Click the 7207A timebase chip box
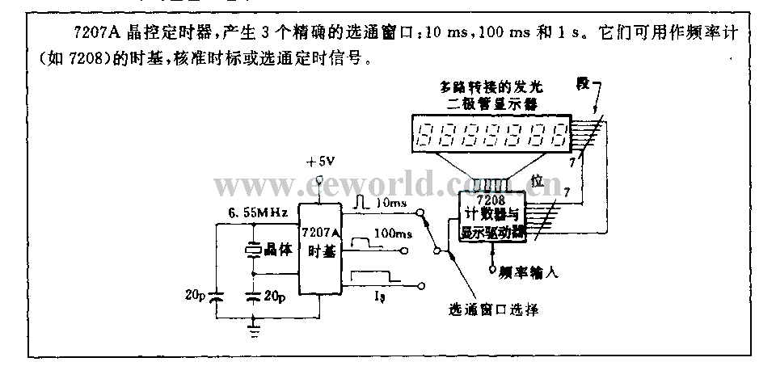[318, 250]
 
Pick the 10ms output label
[392, 204]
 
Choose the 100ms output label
[394, 233]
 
